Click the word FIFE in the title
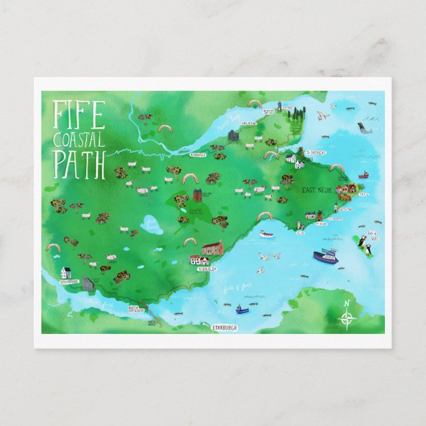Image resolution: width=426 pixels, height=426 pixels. click(x=79, y=115)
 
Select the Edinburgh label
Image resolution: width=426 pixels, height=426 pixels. click(x=225, y=328)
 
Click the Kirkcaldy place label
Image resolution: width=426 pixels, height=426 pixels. click(x=206, y=269)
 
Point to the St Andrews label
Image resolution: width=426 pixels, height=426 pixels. click(x=317, y=153)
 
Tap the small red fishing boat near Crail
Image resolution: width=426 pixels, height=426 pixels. click(x=363, y=174)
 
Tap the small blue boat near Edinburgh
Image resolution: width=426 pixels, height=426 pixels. click(x=242, y=309)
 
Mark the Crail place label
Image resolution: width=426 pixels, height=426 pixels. click(x=363, y=194)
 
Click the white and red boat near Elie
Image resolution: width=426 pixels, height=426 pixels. click(x=267, y=234)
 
